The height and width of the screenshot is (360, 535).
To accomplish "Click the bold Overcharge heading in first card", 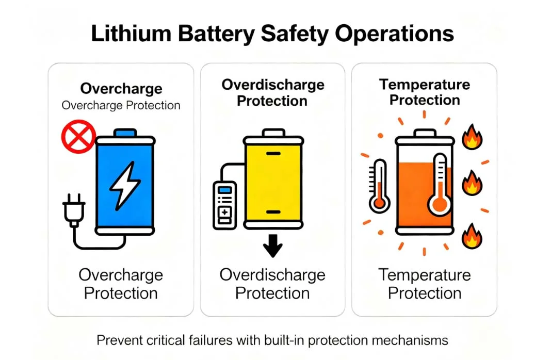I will (x=121, y=89).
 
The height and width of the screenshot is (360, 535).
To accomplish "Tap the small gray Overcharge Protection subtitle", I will (x=121, y=105).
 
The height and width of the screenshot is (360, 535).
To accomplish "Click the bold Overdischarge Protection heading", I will (x=272, y=92).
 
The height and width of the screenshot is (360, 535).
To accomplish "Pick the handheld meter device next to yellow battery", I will (x=224, y=205).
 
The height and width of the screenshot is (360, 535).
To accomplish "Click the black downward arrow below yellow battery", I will (x=272, y=249).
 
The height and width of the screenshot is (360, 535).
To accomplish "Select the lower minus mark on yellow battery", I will (x=273, y=212).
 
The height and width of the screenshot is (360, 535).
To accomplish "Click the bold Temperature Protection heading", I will (x=424, y=92).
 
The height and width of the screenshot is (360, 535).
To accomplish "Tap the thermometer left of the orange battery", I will (x=379, y=187).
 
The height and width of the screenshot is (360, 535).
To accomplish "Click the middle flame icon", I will (x=472, y=183).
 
